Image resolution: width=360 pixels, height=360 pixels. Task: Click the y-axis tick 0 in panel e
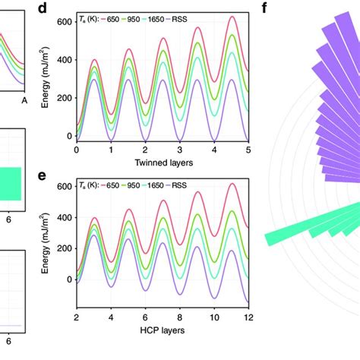point(71,279)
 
